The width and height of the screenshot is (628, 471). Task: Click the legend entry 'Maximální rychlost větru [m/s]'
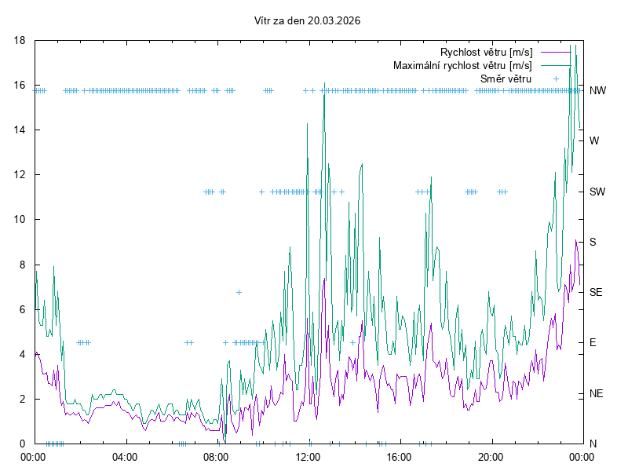coord(462,65)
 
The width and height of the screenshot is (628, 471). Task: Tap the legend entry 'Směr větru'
coord(506,78)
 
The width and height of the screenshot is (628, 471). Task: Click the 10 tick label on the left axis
coord(20,219)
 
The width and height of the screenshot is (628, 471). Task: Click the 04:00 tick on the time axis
coord(124,456)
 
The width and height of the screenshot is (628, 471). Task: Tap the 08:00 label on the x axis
coord(215,456)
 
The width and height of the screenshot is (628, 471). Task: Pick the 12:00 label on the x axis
coord(307,456)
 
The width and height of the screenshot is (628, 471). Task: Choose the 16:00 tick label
coord(399,456)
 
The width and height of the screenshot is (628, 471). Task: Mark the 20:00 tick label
coord(491,456)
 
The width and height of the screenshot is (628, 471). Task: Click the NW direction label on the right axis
coord(597,90)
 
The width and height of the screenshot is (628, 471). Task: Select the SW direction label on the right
coord(597,192)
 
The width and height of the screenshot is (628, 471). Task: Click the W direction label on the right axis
coord(594,141)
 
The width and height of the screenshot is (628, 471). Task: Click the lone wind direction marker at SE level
coord(239,292)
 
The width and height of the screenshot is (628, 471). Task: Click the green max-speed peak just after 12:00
coord(323,83)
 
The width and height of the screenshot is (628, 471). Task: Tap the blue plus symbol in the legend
coord(556,78)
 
